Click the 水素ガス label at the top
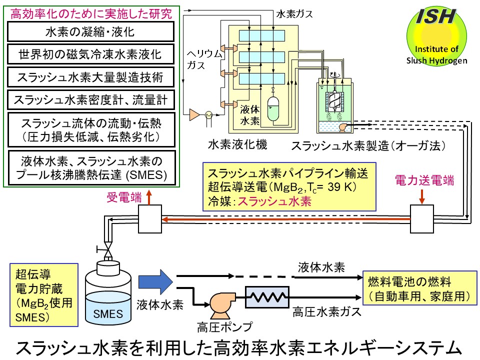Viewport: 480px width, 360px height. (x=294, y=14)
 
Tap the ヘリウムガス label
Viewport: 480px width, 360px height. (x=203, y=58)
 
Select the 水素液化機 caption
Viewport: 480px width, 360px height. (x=238, y=145)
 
